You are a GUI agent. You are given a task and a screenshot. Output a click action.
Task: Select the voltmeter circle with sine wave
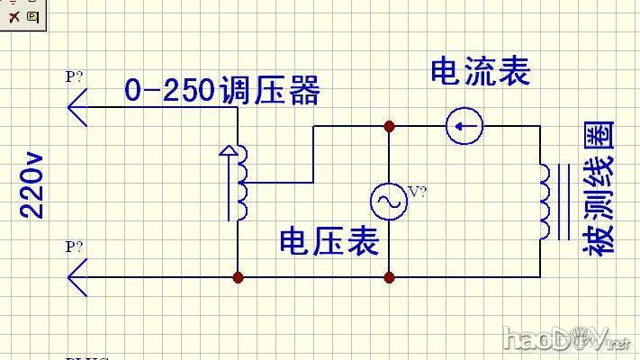[x=389, y=202]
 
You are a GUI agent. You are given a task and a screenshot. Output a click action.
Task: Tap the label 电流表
[x=480, y=71]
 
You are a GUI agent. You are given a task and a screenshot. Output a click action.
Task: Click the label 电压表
[x=329, y=240]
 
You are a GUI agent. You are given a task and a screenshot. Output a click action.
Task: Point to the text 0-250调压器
[x=221, y=91]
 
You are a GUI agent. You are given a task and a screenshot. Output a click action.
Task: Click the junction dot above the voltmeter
[x=389, y=126]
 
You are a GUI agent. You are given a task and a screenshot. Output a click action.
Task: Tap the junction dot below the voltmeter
[x=389, y=278]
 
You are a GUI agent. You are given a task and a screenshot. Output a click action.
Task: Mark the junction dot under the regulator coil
[x=238, y=278]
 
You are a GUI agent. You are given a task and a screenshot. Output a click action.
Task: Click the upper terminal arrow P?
[x=79, y=106]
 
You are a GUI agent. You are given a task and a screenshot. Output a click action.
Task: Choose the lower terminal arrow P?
[x=79, y=276]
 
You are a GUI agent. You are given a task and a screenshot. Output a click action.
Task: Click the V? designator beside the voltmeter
[x=418, y=191]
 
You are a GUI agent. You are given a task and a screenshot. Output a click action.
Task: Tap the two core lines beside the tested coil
[x=563, y=202]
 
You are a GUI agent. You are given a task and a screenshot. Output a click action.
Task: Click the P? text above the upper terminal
[x=74, y=77]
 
